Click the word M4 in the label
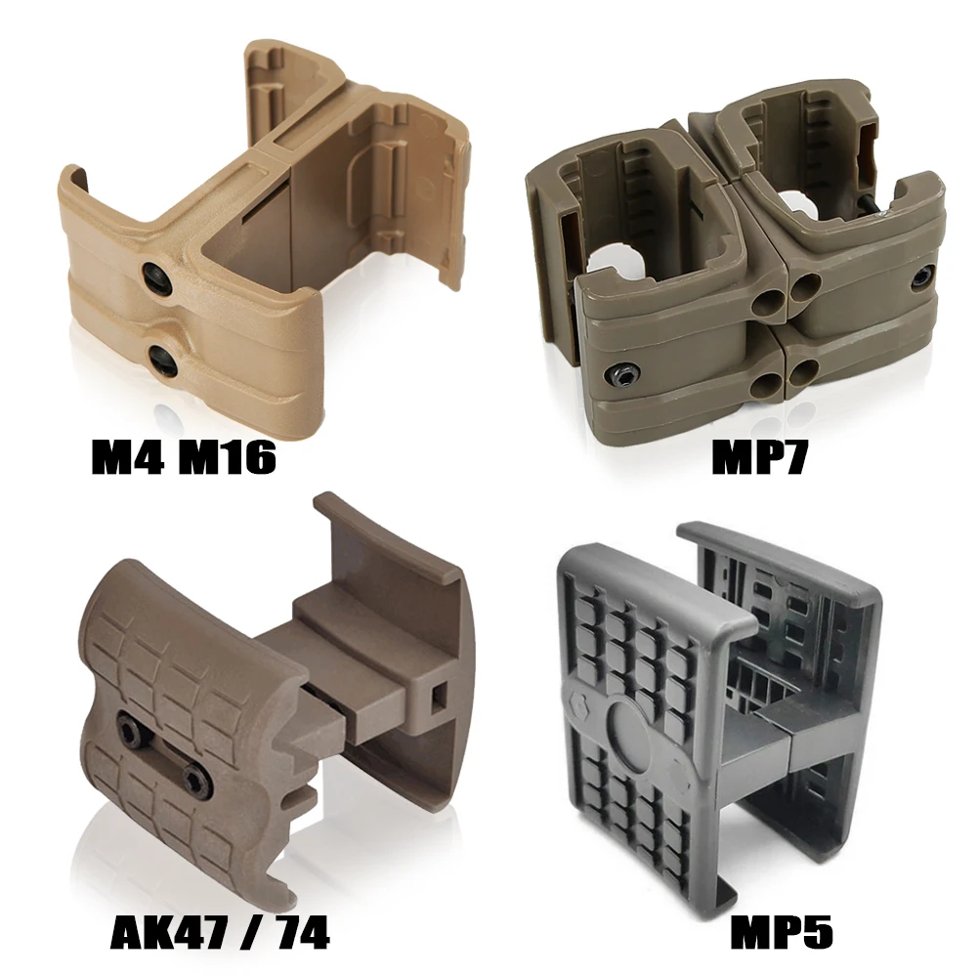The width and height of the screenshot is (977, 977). [127, 456]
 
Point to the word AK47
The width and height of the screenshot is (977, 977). [167, 932]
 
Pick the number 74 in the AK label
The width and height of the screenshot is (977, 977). [298, 932]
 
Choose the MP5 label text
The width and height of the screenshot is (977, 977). [782, 932]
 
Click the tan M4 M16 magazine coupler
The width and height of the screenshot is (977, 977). [264, 225]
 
